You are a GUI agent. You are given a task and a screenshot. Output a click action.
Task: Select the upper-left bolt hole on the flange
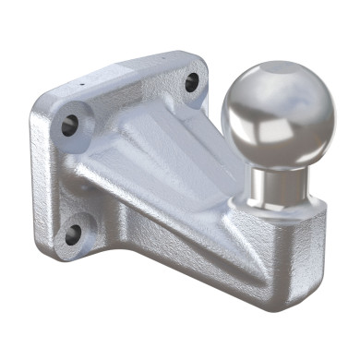pos(70,123)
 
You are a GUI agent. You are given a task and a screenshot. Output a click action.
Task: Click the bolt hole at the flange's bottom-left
pos(74,231)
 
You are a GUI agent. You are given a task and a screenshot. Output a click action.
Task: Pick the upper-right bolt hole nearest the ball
pos(191,81)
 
